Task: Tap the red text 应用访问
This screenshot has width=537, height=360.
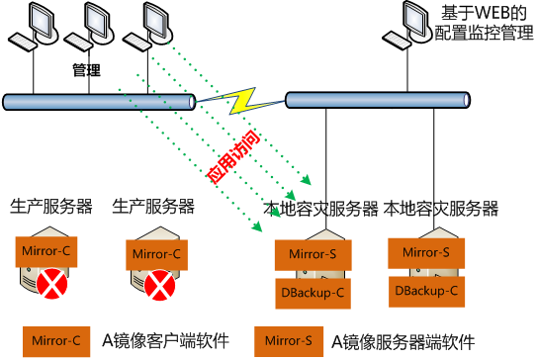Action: pos(228,154)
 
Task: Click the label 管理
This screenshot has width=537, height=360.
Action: pos(88,71)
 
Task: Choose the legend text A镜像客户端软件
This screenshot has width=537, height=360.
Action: pos(166,341)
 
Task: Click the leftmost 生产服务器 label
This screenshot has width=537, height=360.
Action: pos(51,207)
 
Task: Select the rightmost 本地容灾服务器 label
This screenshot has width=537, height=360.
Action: pos(440,209)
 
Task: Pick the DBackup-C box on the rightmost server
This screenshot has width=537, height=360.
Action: pos(426,291)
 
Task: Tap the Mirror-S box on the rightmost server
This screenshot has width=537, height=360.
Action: pos(426,253)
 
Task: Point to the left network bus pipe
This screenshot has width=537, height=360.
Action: pos(99,100)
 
